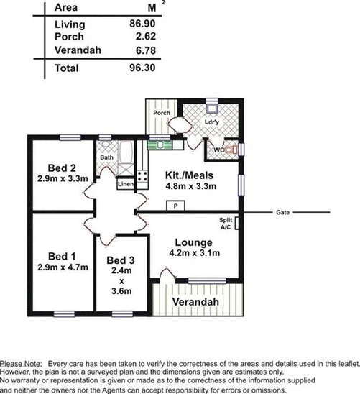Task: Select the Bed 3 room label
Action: pyautogui.click(x=121, y=260)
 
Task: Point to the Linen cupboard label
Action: pyautogui.click(x=126, y=184)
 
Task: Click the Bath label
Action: pyautogui.click(x=106, y=157)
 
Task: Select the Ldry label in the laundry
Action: pyautogui.click(x=211, y=122)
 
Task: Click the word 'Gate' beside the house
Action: pyautogui.click(x=282, y=213)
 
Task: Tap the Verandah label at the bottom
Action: pyautogui.click(x=195, y=302)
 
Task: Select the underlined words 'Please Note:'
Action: pyautogui.click(x=21, y=364)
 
